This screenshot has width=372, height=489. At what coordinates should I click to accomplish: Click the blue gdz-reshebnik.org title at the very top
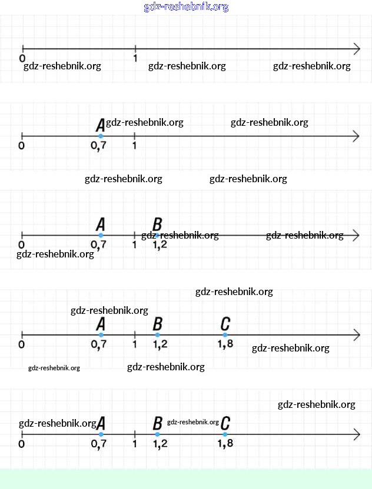tap(186, 7)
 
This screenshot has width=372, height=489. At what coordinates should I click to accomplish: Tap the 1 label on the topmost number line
tap(135, 58)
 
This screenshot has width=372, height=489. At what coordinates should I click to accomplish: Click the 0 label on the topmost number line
tap(22, 58)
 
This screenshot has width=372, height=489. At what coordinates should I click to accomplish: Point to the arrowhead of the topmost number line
tap(357, 48)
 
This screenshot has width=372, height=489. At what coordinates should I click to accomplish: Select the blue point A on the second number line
tap(101, 136)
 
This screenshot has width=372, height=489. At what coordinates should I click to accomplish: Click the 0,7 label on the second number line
tap(99, 146)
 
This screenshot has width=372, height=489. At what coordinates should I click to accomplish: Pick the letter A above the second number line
tap(100, 125)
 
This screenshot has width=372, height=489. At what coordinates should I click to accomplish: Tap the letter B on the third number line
tap(157, 224)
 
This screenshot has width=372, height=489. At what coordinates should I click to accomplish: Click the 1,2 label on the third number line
tap(160, 244)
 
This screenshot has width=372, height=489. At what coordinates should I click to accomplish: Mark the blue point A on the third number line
tap(101, 236)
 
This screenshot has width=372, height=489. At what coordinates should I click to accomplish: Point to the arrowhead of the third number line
tap(356, 235)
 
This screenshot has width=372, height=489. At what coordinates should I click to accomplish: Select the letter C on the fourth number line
tap(225, 323)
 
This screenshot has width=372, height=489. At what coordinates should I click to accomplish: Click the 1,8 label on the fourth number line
tap(225, 344)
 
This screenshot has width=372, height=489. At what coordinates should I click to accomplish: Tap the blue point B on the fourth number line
tap(157, 335)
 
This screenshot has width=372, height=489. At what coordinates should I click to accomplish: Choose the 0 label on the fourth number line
tap(22, 344)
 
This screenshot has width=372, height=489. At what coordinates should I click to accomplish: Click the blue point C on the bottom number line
tap(225, 434)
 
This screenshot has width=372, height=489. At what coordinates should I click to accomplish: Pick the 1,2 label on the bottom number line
tap(160, 444)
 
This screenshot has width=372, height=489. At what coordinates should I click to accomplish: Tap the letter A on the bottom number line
tap(101, 423)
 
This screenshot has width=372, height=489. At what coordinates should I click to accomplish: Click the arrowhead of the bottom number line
tap(356, 434)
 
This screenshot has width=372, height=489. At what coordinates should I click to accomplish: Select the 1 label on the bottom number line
tap(135, 444)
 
